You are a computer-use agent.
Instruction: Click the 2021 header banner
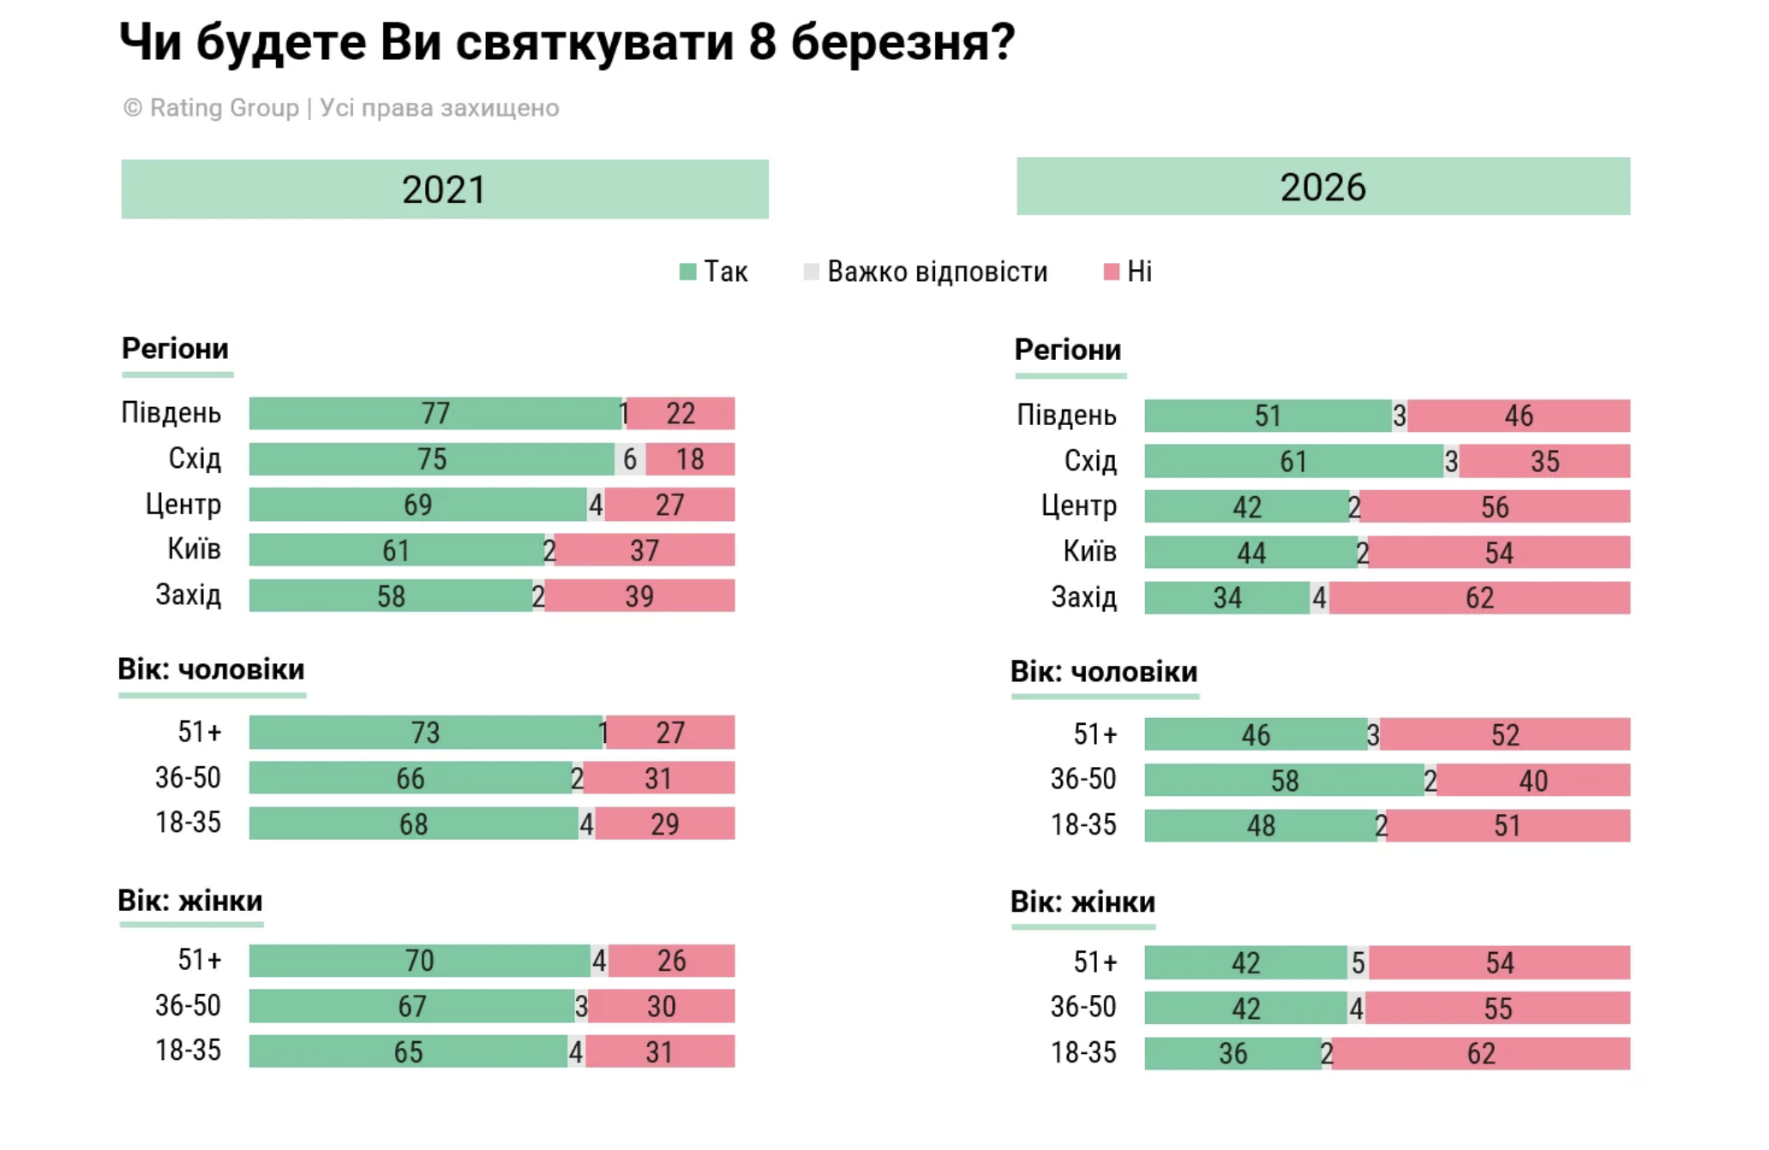444,189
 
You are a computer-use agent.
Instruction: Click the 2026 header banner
1322,187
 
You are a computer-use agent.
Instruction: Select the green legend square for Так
687,273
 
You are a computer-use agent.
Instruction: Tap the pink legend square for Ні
1111,273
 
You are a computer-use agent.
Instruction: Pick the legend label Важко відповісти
937,273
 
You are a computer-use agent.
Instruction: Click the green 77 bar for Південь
435,414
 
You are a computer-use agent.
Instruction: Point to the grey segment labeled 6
630,459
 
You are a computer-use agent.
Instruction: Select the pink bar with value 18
690,459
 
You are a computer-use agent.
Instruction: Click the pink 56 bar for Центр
1494,507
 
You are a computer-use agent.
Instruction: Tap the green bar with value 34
1226,598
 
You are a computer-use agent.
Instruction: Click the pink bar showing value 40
1532,781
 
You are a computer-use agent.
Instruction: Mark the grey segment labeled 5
1358,963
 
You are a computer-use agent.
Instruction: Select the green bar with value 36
1232,1054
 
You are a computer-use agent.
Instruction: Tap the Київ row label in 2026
1089,552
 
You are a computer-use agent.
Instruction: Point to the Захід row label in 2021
188,596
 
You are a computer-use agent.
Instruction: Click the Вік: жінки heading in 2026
1082,902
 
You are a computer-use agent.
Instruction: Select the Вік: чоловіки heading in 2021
211,670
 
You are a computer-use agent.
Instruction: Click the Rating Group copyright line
341,108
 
